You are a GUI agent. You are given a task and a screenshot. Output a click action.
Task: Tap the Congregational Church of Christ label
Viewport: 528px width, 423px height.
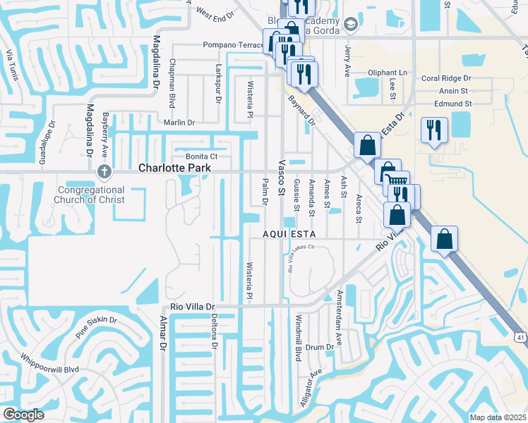coord(91,195)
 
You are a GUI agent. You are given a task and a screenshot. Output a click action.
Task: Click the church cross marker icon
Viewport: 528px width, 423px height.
coord(104,171)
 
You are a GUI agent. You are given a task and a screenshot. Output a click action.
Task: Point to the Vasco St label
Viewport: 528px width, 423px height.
coord(281,177)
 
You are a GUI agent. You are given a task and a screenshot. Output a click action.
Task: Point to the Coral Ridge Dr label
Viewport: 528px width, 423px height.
coord(445,79)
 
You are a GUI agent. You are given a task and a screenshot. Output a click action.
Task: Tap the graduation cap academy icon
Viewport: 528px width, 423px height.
coord(349,25)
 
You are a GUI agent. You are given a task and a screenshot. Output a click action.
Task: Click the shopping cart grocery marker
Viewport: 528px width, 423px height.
coord(398,180)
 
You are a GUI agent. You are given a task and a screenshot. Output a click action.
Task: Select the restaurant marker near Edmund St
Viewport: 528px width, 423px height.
coord(433,130)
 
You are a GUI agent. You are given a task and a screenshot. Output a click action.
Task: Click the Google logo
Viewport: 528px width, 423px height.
coord(24,415)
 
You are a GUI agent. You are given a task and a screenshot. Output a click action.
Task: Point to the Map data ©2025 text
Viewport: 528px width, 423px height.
coord(497,417)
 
